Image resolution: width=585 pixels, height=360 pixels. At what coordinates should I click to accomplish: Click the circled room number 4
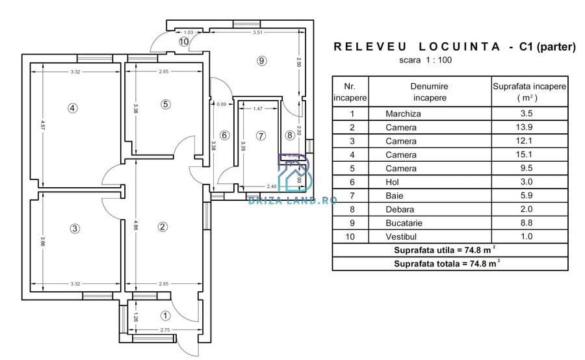pyautogui.click(x=73, y=108)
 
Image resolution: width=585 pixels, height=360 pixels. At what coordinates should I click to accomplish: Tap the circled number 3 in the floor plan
pyautogui.click(x=75, y=228)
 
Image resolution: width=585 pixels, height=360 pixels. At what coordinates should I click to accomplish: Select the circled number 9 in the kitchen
pyautogui.click(x=261, y=61)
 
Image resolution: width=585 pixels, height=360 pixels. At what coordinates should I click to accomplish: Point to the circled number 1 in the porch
pyautogui.click(x=165, y=316)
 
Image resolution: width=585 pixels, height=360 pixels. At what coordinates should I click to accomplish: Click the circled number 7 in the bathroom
pyautogui.click(x=261, y=136)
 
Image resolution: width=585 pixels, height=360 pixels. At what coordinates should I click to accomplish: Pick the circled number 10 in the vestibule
pyautogui.click(x=184, y=41)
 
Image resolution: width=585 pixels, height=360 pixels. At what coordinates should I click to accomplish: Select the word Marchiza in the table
pyautogui.click(x=403, y=114)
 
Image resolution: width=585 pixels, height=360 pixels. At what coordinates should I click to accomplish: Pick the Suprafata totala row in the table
pyautogui.click(x=447, y=264)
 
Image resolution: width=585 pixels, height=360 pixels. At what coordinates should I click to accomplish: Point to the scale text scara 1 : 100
pyautogui.click(x=424, y=60)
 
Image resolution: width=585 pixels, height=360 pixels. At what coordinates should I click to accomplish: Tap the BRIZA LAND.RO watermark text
pyautogui.click(x=293, y=200)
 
